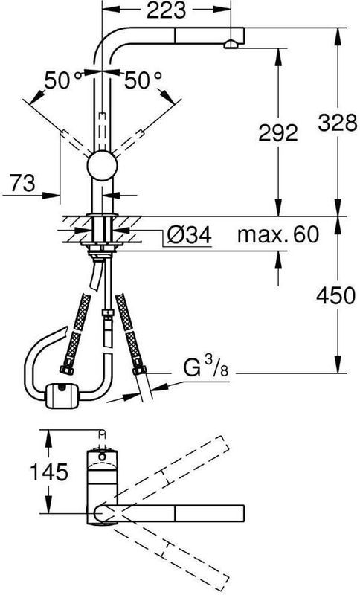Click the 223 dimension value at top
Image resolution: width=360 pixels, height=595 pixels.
point(166,10)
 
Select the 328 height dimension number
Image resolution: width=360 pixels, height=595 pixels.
point(337,123)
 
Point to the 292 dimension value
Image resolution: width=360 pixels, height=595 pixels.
point(277,133)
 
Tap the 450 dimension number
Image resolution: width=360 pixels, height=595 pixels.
point(335,295)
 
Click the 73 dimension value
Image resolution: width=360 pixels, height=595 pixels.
point(22,183)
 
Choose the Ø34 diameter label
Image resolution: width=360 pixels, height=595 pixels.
point(188,235)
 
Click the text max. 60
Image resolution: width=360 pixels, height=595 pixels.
point(278,234)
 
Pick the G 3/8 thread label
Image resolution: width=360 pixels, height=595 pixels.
point(206,367)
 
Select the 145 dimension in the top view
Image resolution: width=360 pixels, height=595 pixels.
point(49,472)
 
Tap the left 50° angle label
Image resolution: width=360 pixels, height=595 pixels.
point(62,80)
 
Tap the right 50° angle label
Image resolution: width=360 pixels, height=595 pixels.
point(143,80)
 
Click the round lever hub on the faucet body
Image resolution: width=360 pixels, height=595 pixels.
point(102,165)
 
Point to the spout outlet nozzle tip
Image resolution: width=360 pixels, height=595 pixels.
point(231,45)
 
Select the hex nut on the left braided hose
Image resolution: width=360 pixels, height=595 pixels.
point(66,369)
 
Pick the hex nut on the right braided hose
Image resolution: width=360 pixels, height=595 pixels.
point(139,370)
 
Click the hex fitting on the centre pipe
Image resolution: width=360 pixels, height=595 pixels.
point(107,313)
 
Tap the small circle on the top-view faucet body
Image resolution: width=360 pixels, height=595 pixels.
point(102,457)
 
